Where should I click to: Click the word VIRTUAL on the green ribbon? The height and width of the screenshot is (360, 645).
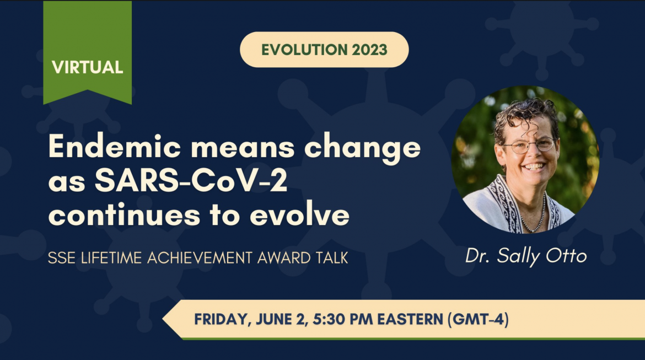click(87, 67)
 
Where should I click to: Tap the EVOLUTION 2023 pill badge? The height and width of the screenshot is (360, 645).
click(324, 50)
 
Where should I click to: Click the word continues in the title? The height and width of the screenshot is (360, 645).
click(124, 215)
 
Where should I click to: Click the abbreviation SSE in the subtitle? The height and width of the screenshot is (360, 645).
click(62, 258)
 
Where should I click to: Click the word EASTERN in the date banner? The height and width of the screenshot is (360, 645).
click(410, 319)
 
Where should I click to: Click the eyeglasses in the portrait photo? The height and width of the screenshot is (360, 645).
click(529, 145)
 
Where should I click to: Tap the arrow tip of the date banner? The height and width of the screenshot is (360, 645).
click(163, 319)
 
